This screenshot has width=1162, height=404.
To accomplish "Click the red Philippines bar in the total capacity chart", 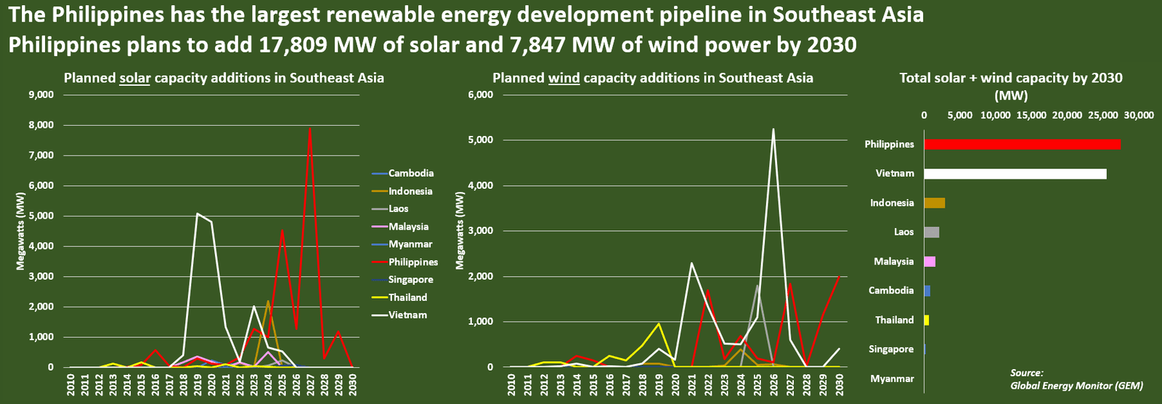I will point(1022,144).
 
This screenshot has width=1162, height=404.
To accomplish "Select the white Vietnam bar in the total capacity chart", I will point(1015,174).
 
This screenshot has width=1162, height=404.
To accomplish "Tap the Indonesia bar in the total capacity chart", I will point(934,203).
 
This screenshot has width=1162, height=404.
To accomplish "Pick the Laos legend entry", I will point(398,209).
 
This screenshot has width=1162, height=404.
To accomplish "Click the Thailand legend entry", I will point(407,297).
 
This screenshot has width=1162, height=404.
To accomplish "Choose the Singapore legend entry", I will point(410,280).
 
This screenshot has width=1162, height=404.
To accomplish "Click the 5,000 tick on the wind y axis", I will point(482,140).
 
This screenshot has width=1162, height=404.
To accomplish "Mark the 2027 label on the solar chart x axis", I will point(311,384).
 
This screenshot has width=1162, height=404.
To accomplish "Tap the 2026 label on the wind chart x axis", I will point(773,384).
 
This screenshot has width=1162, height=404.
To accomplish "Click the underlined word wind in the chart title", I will point(564,78).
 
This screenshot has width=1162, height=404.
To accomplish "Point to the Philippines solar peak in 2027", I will point(310,129).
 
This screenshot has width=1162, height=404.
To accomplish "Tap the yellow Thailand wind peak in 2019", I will point(659,323).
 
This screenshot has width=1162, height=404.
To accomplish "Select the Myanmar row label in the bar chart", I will point(892,379).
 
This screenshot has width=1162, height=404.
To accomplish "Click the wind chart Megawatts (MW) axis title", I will point(460,231).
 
